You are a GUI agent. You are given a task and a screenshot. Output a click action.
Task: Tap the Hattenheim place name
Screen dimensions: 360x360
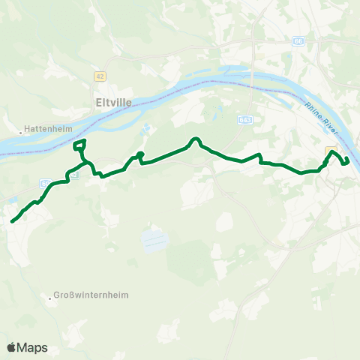point(48,128)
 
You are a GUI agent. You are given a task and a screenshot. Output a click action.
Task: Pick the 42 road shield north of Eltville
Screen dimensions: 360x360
point(100,76)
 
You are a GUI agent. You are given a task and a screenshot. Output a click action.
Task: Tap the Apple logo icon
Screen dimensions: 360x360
point(11,347)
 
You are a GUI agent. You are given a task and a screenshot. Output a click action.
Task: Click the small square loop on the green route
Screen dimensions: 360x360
point(79,146)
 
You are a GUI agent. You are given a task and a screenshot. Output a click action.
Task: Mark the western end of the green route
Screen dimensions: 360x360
point(13,220)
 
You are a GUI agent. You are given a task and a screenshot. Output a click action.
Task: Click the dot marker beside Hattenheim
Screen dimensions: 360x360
point(21,128)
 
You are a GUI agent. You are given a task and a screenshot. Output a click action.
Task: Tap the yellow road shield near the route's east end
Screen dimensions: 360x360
point(330,150)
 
